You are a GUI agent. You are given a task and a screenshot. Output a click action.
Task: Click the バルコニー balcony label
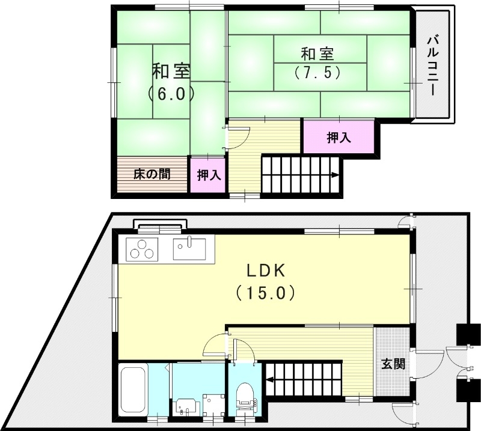tap(432, 65)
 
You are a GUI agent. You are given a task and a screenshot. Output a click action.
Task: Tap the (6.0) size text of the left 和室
tap(171, 94)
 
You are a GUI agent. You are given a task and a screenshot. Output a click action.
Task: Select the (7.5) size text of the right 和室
tap(318, 73)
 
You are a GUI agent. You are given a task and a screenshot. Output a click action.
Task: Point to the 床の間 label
tap(152, 174)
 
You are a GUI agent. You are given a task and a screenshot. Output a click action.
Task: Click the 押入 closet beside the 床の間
tap(208, 175)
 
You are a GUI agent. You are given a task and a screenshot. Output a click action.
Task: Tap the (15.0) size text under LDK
tap(265, 293)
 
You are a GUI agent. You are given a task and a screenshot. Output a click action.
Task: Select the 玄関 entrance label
tap(393, 364)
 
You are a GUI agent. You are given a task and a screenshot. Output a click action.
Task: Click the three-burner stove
tap(142, 249)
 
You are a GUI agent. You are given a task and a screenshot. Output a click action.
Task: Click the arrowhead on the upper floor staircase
tap(334, 176)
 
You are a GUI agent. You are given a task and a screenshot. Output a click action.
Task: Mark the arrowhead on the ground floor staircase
tap(271, 379)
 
